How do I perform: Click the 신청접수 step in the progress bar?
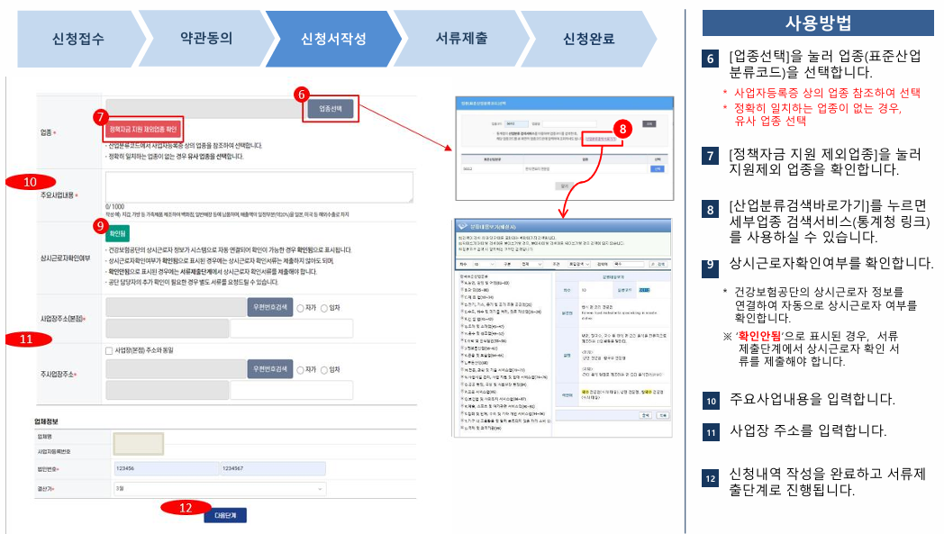pos(79,39)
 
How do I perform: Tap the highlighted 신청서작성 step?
pos(333,39)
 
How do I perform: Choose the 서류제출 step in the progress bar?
pos(461,39)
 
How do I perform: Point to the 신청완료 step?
pos(588,39)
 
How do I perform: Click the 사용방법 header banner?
pos(818,23)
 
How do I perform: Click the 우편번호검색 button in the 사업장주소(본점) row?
pos(270,306)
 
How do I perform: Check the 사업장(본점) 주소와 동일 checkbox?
pos(109,350)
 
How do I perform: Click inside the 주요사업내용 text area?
pos(259,187)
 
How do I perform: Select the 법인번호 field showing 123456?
pos(165,468)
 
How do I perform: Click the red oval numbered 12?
pos(186,508)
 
